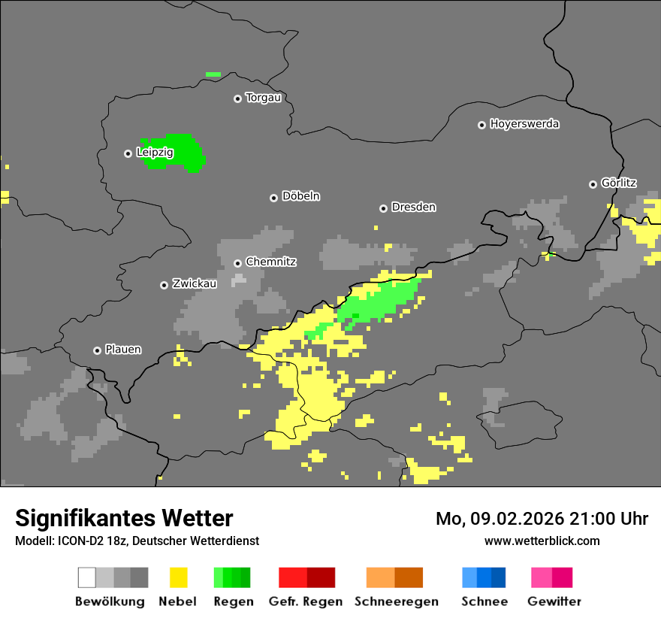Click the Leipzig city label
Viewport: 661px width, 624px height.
(155, 153)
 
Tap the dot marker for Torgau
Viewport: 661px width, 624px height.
(237, 98)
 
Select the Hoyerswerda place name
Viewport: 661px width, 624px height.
(524, 124)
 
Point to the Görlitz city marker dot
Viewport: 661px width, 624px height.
(593, 184)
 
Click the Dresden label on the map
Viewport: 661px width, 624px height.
(413, 207)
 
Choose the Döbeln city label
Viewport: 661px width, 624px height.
(300, 196)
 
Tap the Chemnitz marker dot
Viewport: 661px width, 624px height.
(237, 263)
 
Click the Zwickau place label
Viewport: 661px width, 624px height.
(195, 284)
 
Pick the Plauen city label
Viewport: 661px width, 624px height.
(123, 350)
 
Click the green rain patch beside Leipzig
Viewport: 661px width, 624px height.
(177, 153)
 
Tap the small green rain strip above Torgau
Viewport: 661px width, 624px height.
(213, 74)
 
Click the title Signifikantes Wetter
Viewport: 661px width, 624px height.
(124, 518)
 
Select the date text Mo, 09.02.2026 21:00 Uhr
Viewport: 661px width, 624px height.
(542, 519)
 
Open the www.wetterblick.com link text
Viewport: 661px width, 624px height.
(542, 541)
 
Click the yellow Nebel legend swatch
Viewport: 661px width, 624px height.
(178, 577)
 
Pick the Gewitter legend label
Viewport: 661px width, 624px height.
(554, 601)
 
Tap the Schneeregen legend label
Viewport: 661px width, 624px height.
(396, 601)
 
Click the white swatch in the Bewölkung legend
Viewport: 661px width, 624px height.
(86, 577)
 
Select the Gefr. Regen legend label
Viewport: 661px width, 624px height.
(306, 601)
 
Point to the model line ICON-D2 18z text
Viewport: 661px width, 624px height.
(137, 541)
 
